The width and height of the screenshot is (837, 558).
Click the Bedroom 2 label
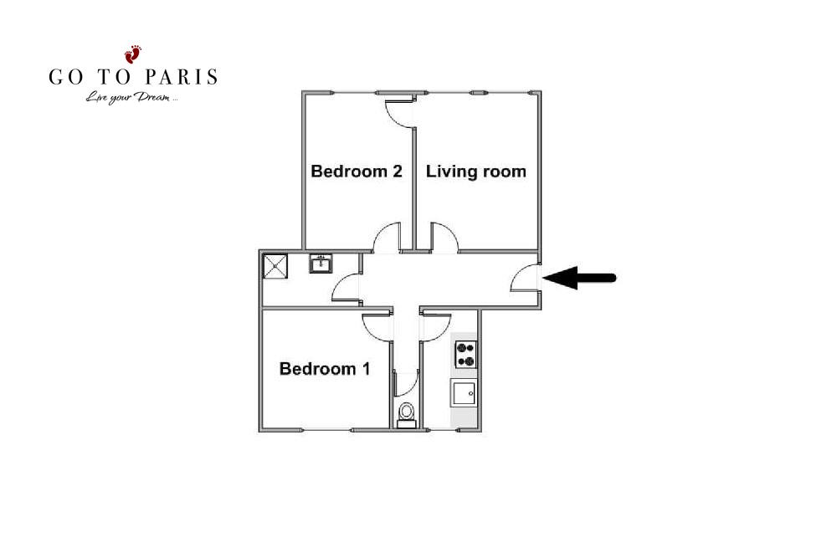(356, 171)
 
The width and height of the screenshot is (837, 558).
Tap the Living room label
(475, 171)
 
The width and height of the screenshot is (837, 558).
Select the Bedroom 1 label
(325, 369)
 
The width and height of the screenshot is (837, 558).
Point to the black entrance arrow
(580, 278)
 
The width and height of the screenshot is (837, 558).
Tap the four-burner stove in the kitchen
(465, 355)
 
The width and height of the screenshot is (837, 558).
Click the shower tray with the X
(275, 266)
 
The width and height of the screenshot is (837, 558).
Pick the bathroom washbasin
(321, 264)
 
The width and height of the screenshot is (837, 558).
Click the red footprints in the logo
(133, 54)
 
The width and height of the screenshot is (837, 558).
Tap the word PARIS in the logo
(182, 77)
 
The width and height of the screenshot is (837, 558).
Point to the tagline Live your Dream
(131, 98)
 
